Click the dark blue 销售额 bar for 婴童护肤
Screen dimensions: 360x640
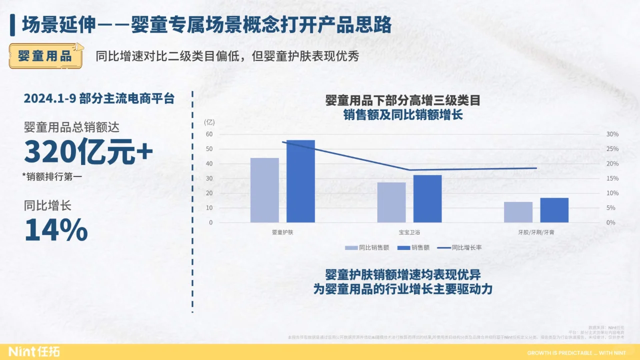tap(300, 181)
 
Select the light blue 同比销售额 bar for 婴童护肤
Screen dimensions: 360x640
tap(264, 190)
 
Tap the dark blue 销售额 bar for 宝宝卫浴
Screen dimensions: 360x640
tap(427, 198)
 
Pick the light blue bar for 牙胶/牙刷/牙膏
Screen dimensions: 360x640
tap(518, 212)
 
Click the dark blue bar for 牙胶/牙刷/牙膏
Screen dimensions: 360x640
tap(554, 210)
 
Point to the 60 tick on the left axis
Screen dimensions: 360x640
tap(209, 134)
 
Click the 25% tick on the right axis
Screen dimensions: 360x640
tap(612, 149)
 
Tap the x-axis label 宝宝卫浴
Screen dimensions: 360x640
tap(409, 232)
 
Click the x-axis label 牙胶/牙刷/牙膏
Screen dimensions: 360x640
tap(536, 232)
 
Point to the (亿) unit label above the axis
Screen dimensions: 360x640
tap(209, 122)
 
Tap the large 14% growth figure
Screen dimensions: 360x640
tap(56, 230)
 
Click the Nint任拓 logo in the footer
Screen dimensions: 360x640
tap(34, 352)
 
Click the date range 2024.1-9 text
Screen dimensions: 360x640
tap(49, 98)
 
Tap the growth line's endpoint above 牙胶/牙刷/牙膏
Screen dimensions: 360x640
tap(536, 168)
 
